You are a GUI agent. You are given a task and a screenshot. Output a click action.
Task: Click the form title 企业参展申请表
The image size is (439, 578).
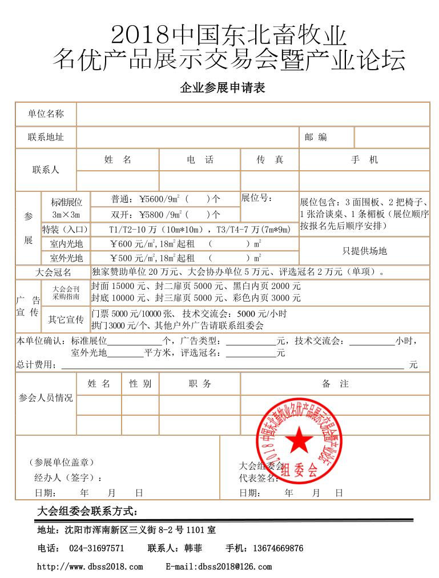click(223, 88)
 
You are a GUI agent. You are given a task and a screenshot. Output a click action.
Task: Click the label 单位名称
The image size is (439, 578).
click(46, 114)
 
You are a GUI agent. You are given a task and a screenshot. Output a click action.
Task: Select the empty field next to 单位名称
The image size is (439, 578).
click(253, 114)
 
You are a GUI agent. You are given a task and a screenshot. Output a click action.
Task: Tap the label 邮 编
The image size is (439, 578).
click(316, 137)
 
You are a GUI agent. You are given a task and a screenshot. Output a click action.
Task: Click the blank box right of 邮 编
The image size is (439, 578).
click(392, 137)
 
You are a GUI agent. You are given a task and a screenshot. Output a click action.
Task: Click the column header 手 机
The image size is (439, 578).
click(364, 160)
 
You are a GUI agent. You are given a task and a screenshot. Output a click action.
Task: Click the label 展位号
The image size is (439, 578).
click(257, 198)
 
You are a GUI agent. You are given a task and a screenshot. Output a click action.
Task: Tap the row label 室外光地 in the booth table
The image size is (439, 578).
click(66, 258)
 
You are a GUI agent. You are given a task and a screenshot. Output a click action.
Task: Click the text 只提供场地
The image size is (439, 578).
click(364, 251)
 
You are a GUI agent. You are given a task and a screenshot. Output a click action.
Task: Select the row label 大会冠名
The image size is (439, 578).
click(53, 272)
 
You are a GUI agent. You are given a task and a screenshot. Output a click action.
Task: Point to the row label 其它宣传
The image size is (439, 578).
click(66, 319)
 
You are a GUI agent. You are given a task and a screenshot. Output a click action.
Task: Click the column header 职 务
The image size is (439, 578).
click(200, 384)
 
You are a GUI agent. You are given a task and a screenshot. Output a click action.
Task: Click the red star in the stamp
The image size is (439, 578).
click(296, 440)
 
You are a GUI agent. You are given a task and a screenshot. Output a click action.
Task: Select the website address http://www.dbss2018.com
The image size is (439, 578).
click(90, 567)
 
